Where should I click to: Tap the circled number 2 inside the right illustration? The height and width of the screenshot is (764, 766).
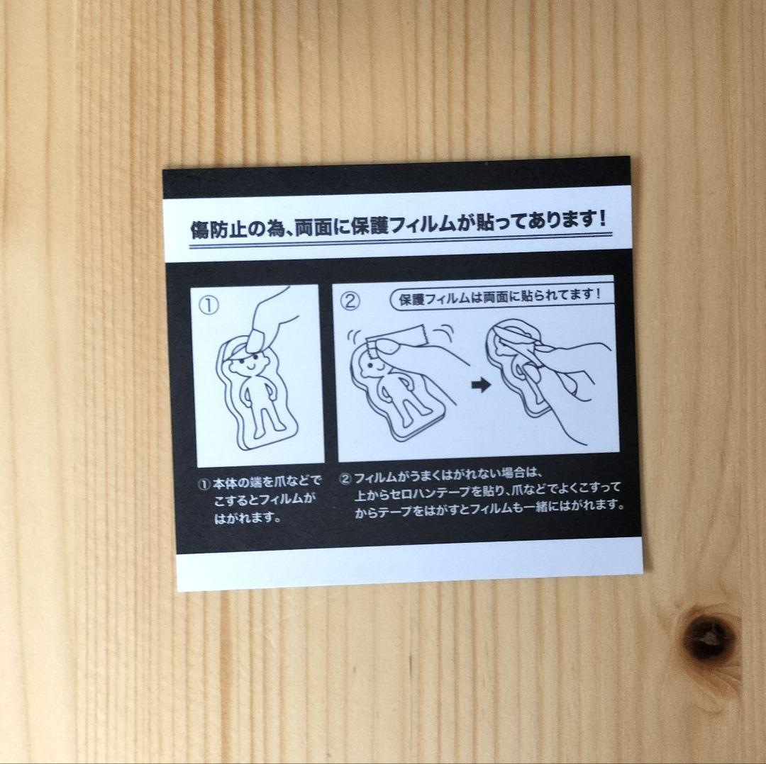pyautogui.click(x=350, y=300)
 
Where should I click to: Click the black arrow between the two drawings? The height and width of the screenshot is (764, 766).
pyautogui.click(x=481, y=386)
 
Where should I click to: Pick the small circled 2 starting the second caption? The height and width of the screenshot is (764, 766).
pyautogui.click(x=345, y=478)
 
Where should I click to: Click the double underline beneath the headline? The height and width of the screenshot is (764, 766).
pyautogui.click(x=397, y=243)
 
